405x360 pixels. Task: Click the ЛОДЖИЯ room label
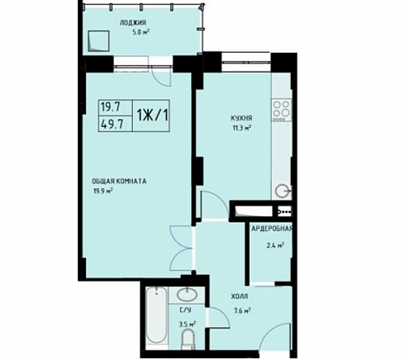[x=133, y=23]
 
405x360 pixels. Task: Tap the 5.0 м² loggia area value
[x=141, y=32]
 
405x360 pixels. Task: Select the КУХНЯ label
[x=241, y=118]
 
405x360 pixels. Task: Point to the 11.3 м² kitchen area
[x=241, y=128]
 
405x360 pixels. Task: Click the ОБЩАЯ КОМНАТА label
[x=119, y=182]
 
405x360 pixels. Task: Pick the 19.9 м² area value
[x=103, y=191]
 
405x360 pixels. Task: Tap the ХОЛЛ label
[x=240, y=296]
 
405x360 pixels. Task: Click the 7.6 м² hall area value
[x=241, y=311]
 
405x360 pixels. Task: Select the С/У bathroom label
[x=185, y=310]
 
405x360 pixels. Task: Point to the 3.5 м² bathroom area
[x=188, y=324]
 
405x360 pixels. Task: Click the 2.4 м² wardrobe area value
[x=275, y=245]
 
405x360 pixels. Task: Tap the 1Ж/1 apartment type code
[x=152, y=116]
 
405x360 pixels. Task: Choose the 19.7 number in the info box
[x=111, y=107]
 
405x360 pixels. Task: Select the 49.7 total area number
[x=112, y=125]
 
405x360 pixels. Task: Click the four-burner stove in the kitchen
[x=281, y=111]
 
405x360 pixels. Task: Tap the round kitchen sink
[x=283, y=191]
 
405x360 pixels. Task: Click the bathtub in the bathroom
[x=156, y=316]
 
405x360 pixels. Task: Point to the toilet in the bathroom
[x=188, y=339]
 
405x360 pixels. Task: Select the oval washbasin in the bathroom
[x=187, y=295]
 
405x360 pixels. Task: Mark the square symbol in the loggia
[x=98, y=40]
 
